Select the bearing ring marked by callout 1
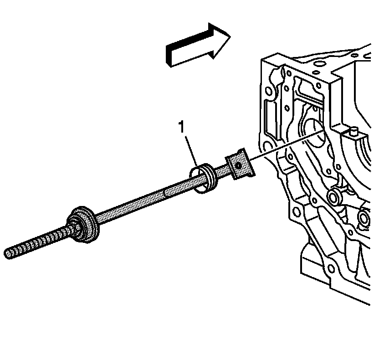pos(202,177)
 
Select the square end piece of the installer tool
pos(239,164)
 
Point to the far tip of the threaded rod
pos(8,253)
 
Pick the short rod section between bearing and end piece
pos(221,172)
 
